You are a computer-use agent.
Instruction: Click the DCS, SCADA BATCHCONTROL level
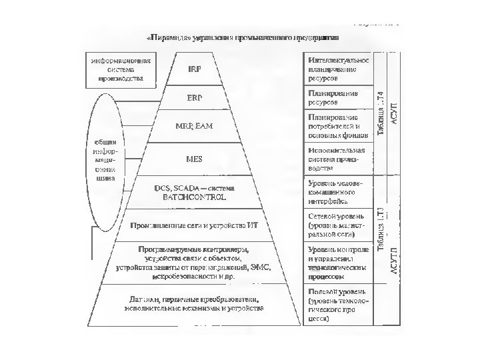pyautogui.click(x=194, y=194)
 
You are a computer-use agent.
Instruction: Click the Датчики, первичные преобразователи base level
pyautogui.click(x=193, y=303)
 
